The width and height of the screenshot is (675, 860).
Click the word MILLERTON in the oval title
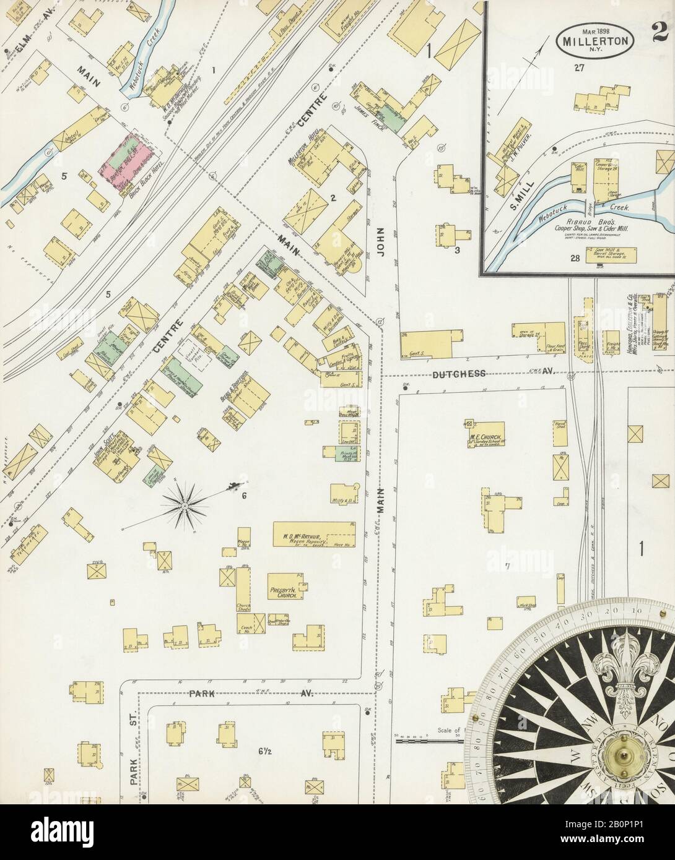589,41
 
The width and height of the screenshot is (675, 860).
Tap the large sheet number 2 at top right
661,30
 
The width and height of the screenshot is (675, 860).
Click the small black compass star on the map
184,505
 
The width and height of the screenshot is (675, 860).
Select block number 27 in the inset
579,68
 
